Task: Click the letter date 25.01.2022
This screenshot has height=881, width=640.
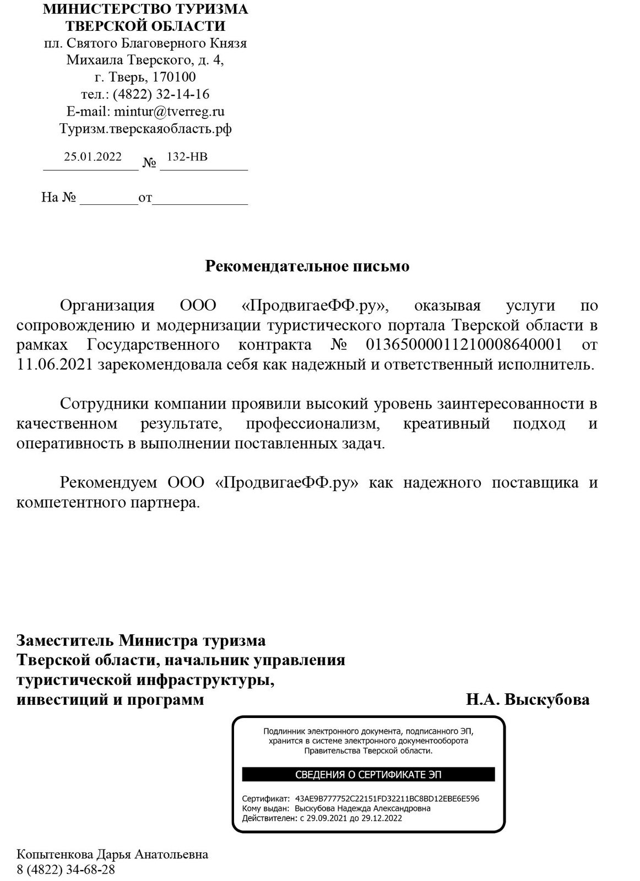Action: [93, 156]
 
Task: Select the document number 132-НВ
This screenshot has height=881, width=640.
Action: [187, 156]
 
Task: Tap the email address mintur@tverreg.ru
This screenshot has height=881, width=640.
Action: [169, 111]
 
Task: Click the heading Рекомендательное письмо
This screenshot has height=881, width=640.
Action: [307, 267]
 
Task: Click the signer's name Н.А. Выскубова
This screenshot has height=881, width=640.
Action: [528, 699]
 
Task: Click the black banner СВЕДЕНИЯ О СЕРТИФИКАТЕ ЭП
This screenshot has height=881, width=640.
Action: [368, 775]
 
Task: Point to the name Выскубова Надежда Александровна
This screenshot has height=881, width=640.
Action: [362, 808]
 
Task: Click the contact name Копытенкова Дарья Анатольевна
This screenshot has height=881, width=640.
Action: [113, 855]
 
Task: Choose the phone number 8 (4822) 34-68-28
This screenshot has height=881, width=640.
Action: [66, 869]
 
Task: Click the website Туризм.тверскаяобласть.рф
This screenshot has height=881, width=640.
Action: [145, 129]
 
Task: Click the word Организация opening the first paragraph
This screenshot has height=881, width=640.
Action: [106, 306]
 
